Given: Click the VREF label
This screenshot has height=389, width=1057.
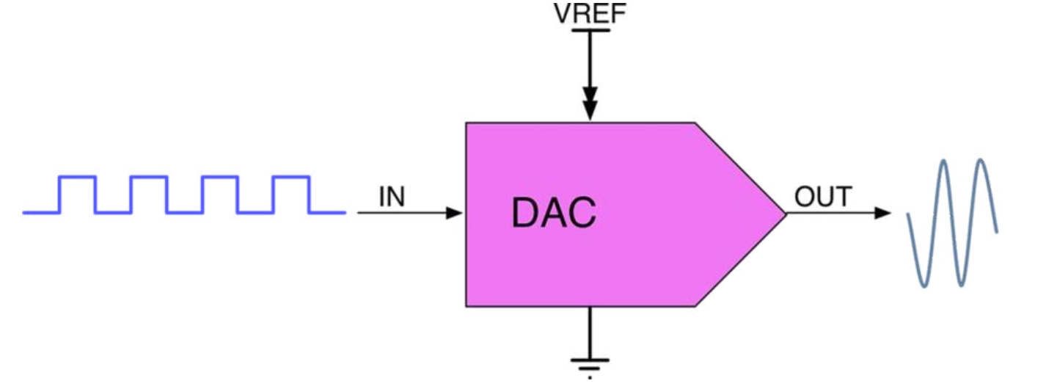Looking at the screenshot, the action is [x=590, y=13].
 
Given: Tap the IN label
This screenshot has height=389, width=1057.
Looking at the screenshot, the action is [x=392, y=197].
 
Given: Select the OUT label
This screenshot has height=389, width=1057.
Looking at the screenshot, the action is [x=823, y=197].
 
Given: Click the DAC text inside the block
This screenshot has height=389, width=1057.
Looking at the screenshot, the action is [x=554, y=213].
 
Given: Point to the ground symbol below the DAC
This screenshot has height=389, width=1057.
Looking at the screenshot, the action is [x=590, y=367].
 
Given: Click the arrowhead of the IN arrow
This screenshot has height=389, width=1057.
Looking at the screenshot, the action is [x=455, y=213].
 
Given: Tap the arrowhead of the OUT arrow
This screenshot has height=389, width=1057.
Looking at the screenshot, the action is [x=882, y=213].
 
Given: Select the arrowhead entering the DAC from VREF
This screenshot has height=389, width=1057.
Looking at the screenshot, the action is [x=590, y=110].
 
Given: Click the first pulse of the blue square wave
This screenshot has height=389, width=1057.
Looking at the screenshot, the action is [x=78, y=177].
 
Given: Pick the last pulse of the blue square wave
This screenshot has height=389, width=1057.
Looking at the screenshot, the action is [x=291, y=177].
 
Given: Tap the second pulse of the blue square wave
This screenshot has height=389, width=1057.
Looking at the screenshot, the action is [x=149, y=177].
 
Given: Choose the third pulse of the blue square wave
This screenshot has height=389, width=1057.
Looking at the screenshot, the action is [x=220, y=177].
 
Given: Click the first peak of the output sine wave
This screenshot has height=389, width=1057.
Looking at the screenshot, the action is [x=944, y=161].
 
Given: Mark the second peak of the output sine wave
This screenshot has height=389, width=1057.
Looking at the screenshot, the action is [x=981, y=160].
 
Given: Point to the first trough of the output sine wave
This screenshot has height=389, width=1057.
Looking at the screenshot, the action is [x=924, y=285].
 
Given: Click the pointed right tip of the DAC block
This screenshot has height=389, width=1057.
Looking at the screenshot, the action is [x=786, y=214].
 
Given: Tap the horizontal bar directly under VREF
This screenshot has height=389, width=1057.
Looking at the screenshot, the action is [x=590, y=30].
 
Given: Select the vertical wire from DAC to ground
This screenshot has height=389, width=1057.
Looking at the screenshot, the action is [x=590, y=332].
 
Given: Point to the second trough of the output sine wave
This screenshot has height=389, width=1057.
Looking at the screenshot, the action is [x=962, y=284].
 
